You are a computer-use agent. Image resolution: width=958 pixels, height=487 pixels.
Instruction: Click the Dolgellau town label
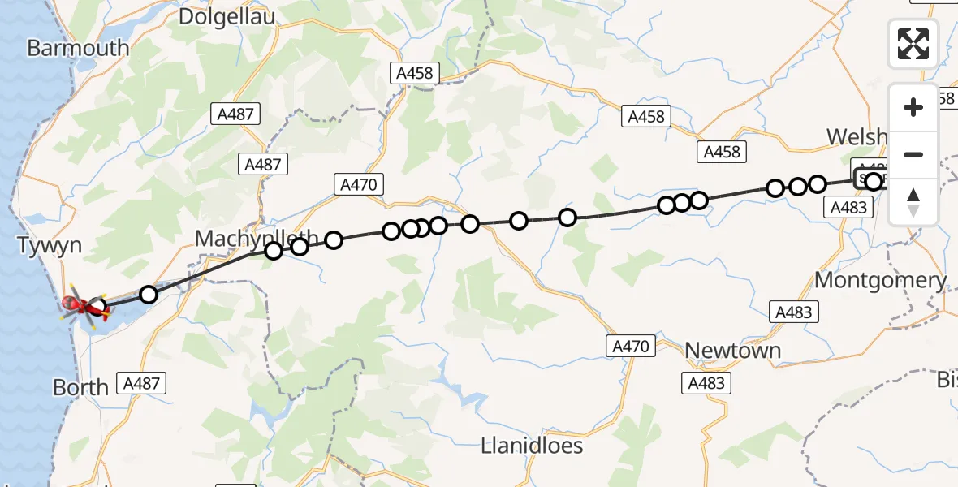click(x=227, y=16)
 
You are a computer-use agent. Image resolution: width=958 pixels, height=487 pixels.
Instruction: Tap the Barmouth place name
click(x=78, y=48)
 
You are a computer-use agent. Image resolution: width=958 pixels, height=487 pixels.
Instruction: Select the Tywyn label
click(x=50, y=245)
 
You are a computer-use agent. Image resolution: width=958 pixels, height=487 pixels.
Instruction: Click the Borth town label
click(x=80, y=387)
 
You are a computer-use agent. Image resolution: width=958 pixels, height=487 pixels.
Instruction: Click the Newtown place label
click(x=732, y=351)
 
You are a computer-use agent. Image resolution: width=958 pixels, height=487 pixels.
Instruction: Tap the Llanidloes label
click(x=532, y=446)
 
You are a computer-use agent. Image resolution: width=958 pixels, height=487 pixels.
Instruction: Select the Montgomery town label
click(x=880, y=281)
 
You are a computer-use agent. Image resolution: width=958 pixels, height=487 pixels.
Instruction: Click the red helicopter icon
click(x=81, y=306)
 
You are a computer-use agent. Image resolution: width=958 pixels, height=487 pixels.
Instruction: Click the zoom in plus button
click(x=913, y=107)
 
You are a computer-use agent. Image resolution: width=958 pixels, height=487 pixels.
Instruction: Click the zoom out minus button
click(x=913, y=154)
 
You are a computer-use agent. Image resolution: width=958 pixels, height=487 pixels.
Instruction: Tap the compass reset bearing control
click(x=913, y=202)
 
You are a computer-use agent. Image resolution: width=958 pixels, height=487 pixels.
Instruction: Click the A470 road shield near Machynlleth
click(x=358, y=185)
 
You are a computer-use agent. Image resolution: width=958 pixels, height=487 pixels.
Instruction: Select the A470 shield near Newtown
click(x=631, y=347)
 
